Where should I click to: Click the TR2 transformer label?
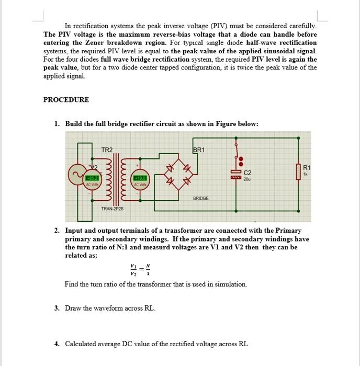(x=107, y=150)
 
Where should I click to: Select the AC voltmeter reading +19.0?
(x=140, y=178)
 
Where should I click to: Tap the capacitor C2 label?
(x=248, y=171)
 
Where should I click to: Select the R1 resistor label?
(x=308, y=167)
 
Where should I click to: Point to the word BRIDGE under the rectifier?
(x=201, y=198)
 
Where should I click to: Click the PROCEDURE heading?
(x=66, y=99)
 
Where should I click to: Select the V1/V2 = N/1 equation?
(x=140, y=269)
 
